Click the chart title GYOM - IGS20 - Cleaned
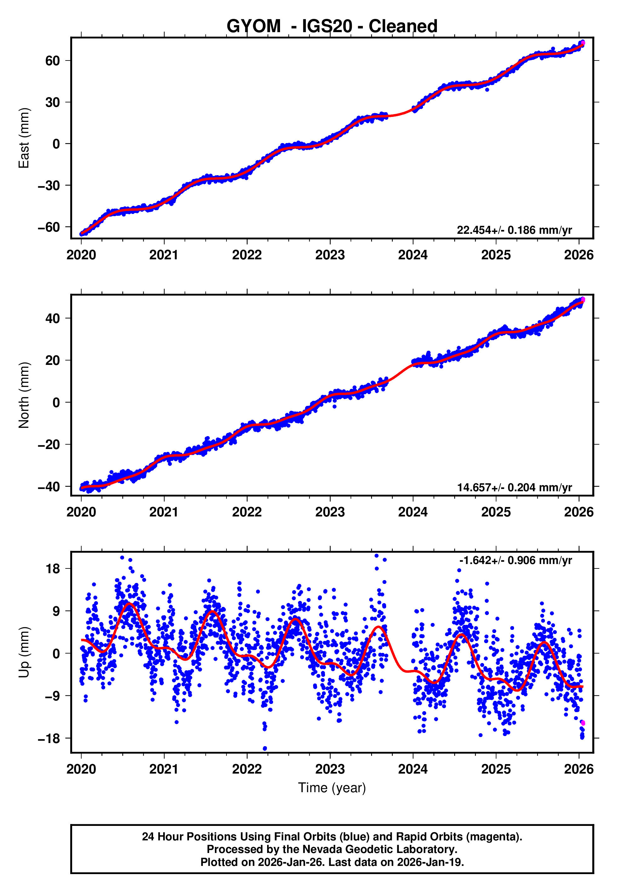pos(332,26)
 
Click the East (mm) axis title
pos(24,138)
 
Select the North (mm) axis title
pos(24,395)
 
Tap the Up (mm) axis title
pos(24,652)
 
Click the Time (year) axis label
pos(332,788)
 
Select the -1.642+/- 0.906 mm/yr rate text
pos(515,560)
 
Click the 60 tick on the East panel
pos(53,61)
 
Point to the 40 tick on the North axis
pos(53,319)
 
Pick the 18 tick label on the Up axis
pos(53,569)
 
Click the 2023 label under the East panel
pos(330,255)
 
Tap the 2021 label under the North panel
pos(164,512)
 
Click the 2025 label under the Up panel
pos(496,769)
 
